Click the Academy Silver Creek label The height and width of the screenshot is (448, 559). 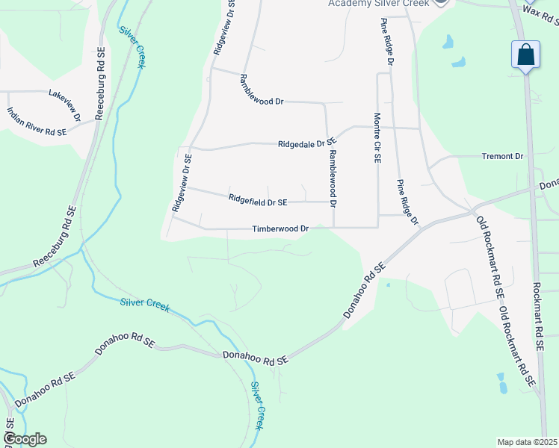tap(379, 4)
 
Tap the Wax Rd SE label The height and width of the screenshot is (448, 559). tap(540, 10)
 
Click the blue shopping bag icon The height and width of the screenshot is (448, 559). tap(526, 55)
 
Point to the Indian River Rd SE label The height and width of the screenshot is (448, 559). tap(37, 121)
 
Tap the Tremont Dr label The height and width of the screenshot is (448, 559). tap(503, 156)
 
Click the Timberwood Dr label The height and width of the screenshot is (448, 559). tap(280, 228)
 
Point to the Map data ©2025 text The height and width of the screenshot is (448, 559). tap(527, 442)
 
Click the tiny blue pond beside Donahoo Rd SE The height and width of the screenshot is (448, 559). tap(388, 284)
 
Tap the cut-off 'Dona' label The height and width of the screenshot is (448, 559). tap(549, 184)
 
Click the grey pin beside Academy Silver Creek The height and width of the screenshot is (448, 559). tap(442, 2)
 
